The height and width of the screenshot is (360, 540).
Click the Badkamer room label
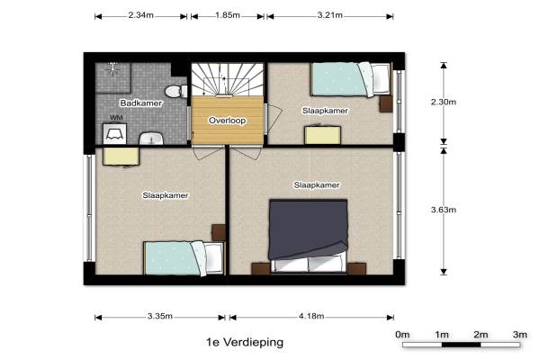141,103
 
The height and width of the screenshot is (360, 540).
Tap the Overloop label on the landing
228,121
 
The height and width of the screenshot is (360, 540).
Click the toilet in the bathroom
175,91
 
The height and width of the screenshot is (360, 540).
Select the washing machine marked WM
114,133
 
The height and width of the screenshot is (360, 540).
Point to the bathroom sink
151,138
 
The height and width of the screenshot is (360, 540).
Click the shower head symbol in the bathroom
113,68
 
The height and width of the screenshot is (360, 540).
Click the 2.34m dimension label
141,15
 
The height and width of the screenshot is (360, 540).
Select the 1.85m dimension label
228,15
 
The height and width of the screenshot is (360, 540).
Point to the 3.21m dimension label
330,15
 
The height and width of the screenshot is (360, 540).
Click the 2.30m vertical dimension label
444,102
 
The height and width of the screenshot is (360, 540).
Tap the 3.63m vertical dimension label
444,210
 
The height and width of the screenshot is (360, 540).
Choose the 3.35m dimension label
160,316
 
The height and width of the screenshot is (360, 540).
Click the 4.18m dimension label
311,316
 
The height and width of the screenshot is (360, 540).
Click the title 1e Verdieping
245,342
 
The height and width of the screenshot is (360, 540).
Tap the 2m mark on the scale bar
481,335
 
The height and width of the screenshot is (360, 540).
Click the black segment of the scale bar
461,345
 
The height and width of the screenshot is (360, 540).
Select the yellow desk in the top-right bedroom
323,135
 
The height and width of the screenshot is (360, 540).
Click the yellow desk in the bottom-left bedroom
121,157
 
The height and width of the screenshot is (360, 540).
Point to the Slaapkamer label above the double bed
317,185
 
